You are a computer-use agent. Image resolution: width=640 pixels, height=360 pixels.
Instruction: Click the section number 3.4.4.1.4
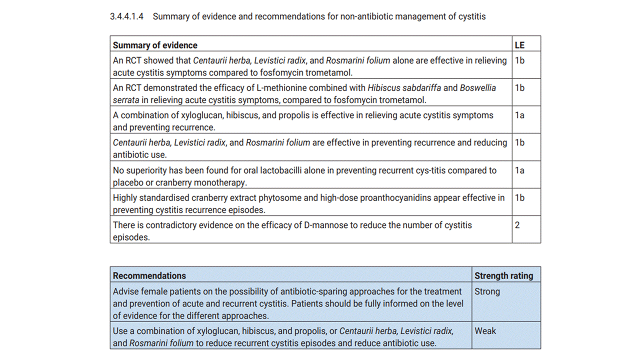tap(126, 16)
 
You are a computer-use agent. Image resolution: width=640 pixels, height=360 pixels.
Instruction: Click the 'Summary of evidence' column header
tap(155, 45)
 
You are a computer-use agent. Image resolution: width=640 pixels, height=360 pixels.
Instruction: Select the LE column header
tap(519, 45)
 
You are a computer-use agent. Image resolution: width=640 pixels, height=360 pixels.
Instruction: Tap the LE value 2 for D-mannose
tap(517, 225)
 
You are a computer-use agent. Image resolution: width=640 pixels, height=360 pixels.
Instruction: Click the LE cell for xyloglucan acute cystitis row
tap(519, 115)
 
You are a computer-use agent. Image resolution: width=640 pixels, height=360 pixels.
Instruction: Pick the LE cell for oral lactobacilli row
tap(519, 170)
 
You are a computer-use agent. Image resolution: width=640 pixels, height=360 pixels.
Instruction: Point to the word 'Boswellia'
tap(478, 88)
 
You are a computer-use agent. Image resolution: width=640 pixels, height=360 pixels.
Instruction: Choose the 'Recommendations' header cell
tap(149, 275)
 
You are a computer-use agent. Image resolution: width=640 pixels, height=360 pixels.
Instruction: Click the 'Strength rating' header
tap(503, 275)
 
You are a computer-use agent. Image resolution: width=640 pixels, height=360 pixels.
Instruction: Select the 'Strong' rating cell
tap(487, 291)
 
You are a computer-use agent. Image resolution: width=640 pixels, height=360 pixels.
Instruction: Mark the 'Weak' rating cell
tap(485, 331)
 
